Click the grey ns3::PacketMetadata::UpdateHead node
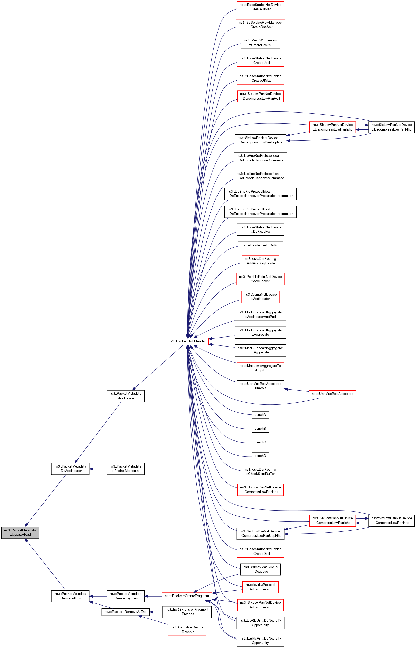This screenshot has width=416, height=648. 20,532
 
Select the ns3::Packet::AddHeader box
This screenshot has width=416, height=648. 187,341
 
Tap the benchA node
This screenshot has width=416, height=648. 260,415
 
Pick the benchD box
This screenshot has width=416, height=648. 260,456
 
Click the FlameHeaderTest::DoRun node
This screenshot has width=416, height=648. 260,245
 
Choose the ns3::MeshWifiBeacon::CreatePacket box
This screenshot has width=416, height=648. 260,43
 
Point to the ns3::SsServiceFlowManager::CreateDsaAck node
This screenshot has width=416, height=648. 260,25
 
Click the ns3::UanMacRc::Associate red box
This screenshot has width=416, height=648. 332,394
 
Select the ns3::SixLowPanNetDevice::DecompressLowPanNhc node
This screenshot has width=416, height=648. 392,127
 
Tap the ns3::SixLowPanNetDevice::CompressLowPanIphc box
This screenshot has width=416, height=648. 332,521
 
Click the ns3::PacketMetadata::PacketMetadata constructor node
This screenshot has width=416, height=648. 125,469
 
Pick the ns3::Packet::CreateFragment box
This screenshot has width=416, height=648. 187,596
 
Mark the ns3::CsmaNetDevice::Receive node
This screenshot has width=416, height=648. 187,630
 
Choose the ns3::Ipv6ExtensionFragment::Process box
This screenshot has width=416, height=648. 187,611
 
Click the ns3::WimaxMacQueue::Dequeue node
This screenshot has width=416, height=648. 260,569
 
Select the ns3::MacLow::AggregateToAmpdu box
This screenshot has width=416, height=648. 260,368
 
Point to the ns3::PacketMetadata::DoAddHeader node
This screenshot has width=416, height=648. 70,469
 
